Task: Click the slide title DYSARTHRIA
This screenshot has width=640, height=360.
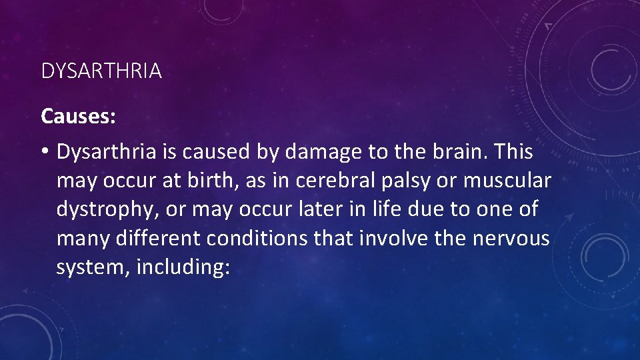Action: click(x=101, y=71)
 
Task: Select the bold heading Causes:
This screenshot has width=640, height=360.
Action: click(x=79, y=117)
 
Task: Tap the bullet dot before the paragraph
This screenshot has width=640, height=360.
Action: click(x=45, y=153)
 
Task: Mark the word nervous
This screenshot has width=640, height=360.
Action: click(x=511, y=239)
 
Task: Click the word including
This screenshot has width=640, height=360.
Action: click(x=182, y=267)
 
